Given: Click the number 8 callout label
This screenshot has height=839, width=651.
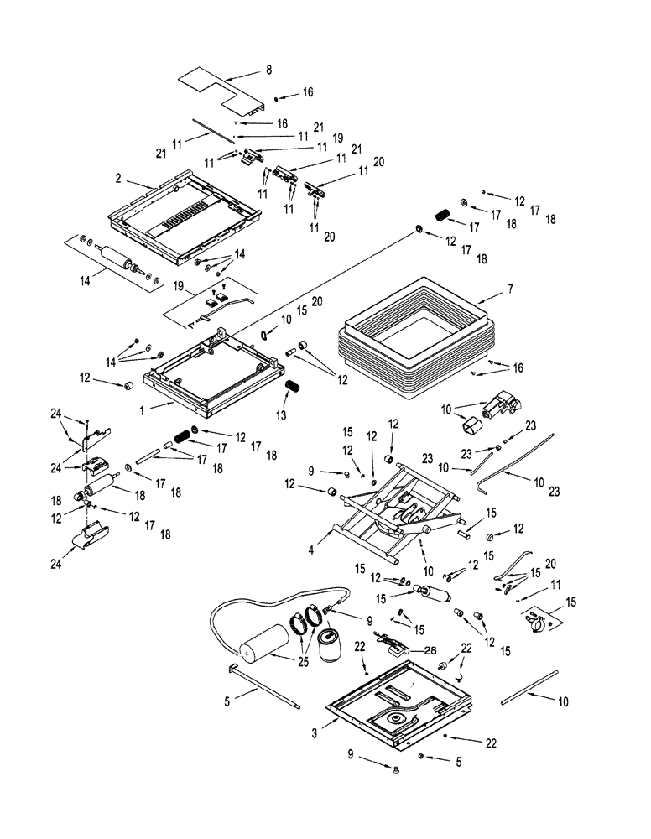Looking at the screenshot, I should coord(268,70).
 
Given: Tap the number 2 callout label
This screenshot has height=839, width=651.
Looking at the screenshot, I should coord(119,179).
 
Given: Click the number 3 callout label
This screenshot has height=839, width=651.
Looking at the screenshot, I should coord(315,732).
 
